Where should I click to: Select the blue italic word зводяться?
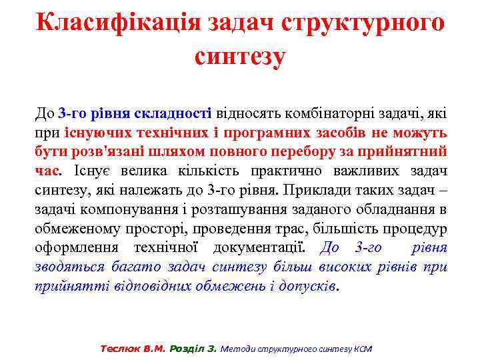coord(69,267)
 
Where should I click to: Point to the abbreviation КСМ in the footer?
coord(362,348)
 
